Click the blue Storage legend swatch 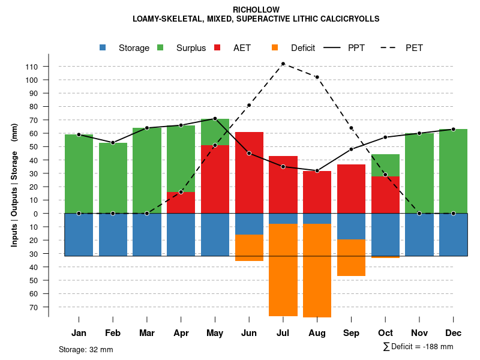click(x=103, y=47)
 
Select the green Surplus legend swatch click(x=160, y=47)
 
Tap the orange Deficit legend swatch click(x=275, y=47)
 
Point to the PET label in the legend click(x=414, y=48)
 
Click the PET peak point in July click(x=283, y=64)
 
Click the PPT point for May click(x=215, y=119)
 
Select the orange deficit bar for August click(x=317, y=270)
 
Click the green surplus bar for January click(x=79, y=173)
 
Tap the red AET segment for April click(x=181, y=202)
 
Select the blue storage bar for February click(x=113, y=235)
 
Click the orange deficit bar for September click(x=351, y=258)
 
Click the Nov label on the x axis click(x=419, y=333)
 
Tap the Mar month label click(x=147, y=333)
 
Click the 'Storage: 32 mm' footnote click(x=86, y=349)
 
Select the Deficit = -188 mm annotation click(x=418, y=346)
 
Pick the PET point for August click(x=317, y=77)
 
